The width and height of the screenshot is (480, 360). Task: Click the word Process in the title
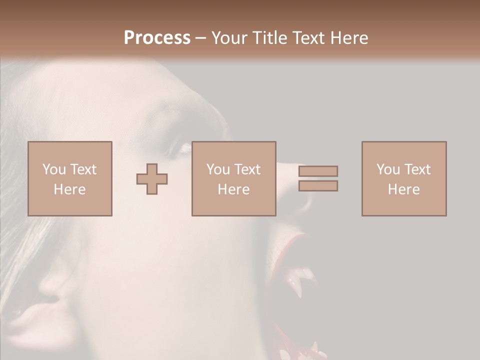157,38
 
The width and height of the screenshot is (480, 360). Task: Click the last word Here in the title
349,38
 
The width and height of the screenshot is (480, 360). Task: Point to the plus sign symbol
152,178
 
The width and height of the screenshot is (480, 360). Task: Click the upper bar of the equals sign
318,171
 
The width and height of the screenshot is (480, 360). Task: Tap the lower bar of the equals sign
318,186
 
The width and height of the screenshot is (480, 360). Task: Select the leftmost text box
70,178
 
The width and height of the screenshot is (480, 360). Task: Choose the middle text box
233,178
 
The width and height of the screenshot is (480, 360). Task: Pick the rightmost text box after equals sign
404,178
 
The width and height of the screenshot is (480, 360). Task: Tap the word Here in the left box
70,189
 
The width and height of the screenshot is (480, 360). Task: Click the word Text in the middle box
247,169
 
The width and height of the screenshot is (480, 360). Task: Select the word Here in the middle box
233,189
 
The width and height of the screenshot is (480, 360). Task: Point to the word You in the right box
388,169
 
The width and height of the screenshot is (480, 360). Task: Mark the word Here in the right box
404,189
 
